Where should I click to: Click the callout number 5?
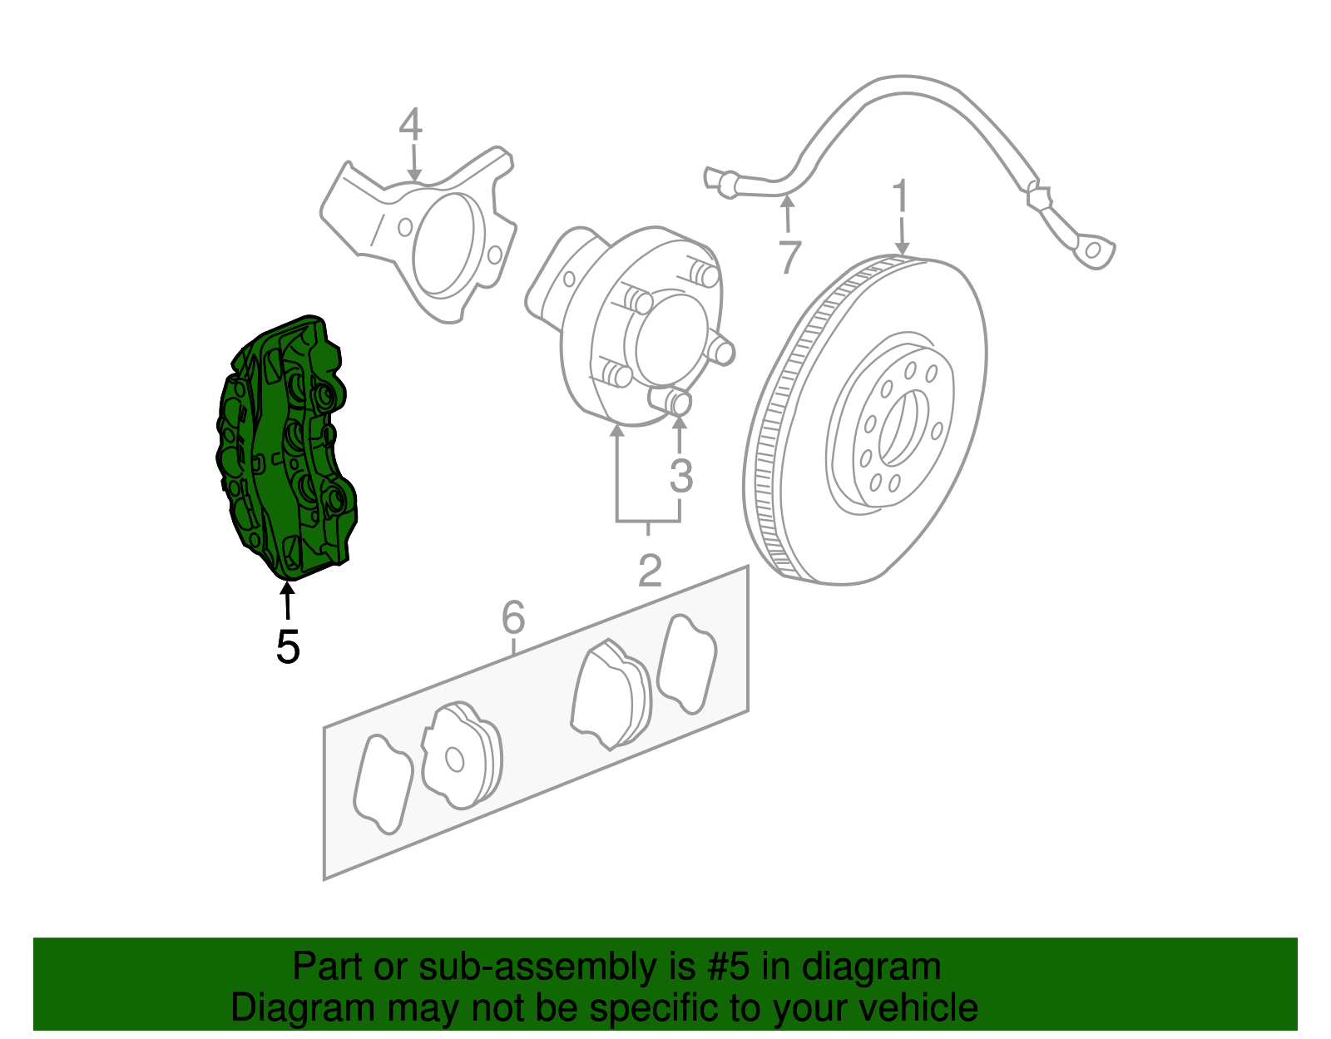[x=287, y=646]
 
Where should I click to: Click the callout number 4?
[x=410, y=126]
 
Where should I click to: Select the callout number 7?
[x=789, y=256]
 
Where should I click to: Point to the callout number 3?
[x=680, y=476]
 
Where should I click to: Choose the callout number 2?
[x=649, y=571]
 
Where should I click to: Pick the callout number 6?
[x=513, y=617]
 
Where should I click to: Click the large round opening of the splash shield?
[x=448, y=243]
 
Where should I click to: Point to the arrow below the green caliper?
[x=287, y=601]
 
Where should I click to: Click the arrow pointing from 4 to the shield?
[x=413, y=162]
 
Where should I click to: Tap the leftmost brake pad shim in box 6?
[x=383, y=783]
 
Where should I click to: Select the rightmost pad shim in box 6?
[x=686, y=663]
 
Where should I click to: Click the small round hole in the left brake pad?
[x=454, y=759]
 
